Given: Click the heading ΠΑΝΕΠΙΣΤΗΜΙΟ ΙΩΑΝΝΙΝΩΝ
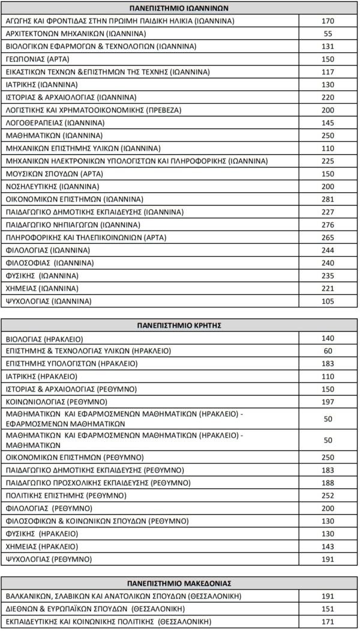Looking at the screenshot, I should [x=179, y=8].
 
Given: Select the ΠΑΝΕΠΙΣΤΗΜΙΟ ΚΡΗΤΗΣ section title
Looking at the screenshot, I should [x=179, y=325].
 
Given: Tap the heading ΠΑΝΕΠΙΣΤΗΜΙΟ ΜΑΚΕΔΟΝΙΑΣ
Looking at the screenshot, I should [x=179, y=583].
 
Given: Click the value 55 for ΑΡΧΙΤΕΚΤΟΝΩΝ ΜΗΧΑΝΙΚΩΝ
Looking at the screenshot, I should [x=328, y=34].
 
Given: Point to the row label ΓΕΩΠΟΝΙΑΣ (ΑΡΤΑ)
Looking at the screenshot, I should [x=37, y=59].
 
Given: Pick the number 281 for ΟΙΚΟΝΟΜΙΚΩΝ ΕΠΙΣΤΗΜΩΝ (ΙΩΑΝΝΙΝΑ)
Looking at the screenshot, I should [x=328, y=199].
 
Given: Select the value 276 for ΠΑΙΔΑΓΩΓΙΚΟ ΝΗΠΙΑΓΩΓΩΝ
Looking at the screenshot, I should [x=328, y=225].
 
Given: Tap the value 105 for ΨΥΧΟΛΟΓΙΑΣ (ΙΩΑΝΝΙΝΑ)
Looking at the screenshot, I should [x=328, y=301].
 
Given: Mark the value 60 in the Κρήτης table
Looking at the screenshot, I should [x=328, y=351].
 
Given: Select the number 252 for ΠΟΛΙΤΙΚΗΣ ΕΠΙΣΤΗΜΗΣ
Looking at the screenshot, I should [x=328, y=496].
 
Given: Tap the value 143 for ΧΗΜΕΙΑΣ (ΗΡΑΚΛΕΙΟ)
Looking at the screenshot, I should [x=328, y=547].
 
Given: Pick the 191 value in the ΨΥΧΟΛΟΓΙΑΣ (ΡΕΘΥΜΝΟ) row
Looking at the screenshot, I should [x=328, y=560].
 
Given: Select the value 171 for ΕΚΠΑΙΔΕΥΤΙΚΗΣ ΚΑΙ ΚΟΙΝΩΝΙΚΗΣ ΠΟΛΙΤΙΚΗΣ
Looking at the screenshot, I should [x=328, y=621].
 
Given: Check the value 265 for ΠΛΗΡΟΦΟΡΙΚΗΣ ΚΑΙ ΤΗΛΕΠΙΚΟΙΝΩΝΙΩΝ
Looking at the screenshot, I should [x=328, y=237].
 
